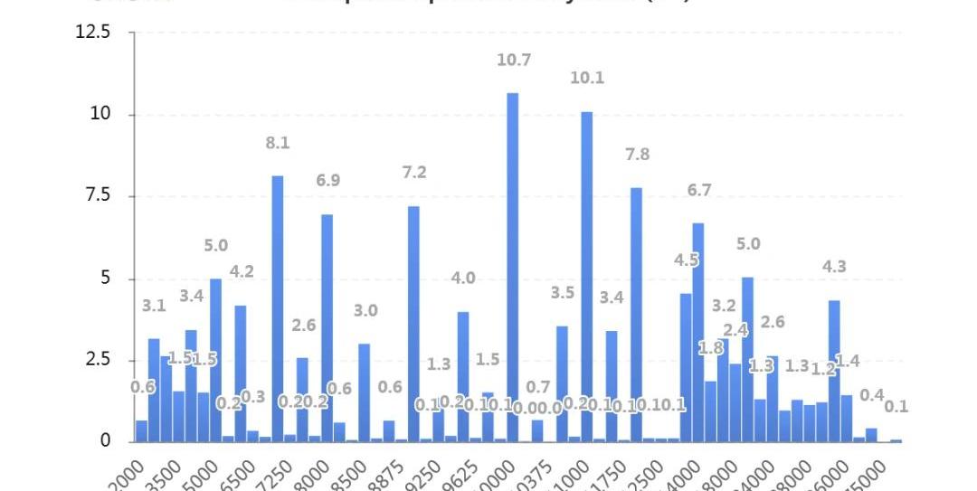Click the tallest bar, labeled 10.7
(512, 267)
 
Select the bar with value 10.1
(586, 276)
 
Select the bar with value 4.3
(834, 371)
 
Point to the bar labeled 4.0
(462, 376)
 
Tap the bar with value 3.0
(364, 392)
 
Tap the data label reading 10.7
(513, 61)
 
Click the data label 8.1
(278, 143)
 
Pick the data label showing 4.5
(686, 260)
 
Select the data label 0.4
(872, 395)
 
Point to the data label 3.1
(154, 306)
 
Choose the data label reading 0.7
(537, 388)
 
